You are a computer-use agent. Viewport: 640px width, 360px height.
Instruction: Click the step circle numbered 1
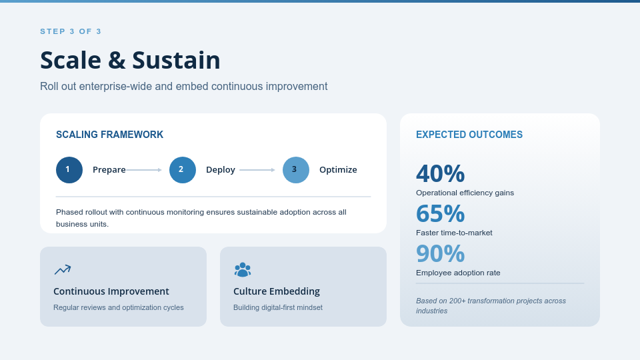[69, 170]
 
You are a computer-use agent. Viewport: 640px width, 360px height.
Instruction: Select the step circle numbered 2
[183, 170]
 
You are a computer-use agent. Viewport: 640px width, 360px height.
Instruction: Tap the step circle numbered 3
[296, 170]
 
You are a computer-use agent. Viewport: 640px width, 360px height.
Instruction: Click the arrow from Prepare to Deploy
[144, 170]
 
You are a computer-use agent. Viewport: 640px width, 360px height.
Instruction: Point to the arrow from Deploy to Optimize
[257, 170]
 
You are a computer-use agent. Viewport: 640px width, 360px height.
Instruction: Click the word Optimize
[338, 170]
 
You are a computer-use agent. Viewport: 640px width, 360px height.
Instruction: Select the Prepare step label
[109, 170]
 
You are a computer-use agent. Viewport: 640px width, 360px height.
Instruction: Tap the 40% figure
[441, 173]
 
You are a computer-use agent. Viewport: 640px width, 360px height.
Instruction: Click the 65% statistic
[441, 213]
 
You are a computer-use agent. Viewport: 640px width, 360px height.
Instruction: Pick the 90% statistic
[441, 253]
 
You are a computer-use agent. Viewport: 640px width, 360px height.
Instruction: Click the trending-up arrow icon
[63, 269]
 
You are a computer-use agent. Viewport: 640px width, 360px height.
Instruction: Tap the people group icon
[243, 270]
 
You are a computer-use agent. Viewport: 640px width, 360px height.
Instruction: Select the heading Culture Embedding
[277, 291]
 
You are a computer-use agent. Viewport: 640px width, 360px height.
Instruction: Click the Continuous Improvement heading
[111, 291]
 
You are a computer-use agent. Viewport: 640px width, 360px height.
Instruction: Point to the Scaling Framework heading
[110, 135]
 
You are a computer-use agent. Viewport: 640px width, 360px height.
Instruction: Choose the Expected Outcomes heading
[469, 135]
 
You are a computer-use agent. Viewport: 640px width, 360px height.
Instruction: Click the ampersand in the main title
[117, 61]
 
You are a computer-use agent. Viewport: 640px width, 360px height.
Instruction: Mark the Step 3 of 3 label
[71, 31]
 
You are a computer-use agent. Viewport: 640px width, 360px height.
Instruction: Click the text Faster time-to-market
[454, 233]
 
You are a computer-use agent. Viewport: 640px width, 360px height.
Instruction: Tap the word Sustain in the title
[176, 60]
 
